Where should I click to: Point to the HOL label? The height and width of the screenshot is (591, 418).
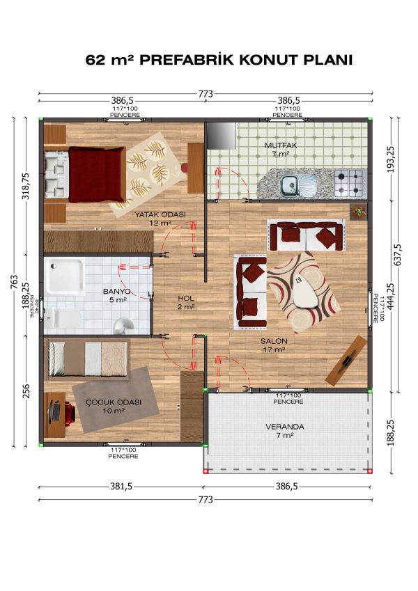[185, 301]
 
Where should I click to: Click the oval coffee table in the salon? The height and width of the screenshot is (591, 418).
[305, 291]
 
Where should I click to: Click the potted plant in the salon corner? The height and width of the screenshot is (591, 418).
[358, 212]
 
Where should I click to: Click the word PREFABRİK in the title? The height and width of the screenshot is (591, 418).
[189, 61]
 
